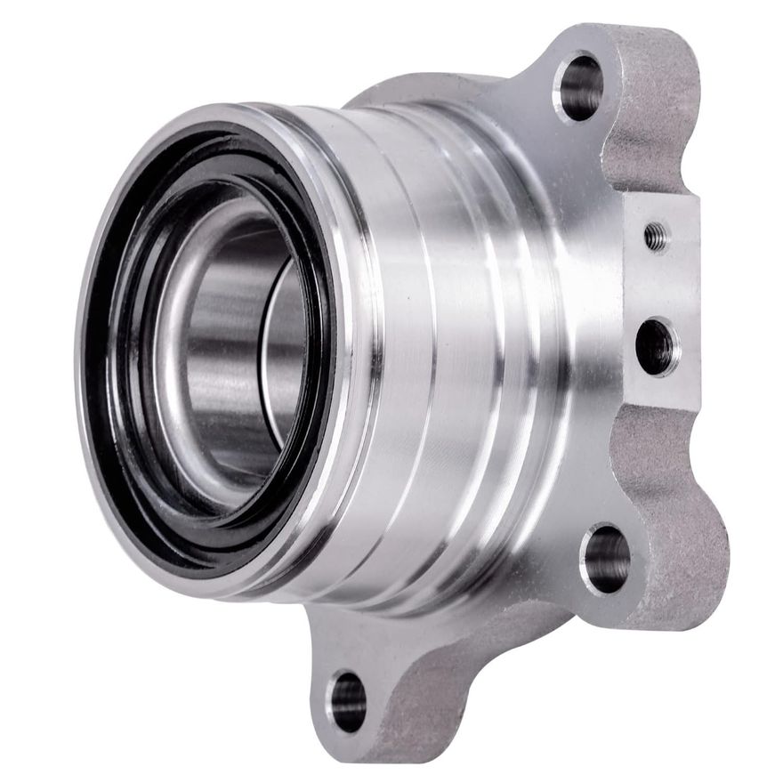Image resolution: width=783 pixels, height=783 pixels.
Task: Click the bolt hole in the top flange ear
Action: point(579,86)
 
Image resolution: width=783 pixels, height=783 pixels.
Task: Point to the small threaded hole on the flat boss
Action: point(656,236)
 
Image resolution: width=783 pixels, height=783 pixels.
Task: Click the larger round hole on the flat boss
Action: point(657,345)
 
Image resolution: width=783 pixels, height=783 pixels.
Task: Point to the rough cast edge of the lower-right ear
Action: point(685,552)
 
